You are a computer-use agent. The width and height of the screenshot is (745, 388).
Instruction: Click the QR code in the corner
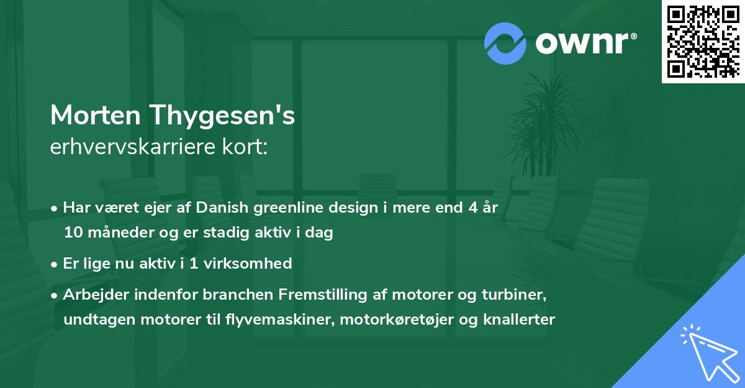coord(703,41)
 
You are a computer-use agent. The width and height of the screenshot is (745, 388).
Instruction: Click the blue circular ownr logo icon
coord(505,43)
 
